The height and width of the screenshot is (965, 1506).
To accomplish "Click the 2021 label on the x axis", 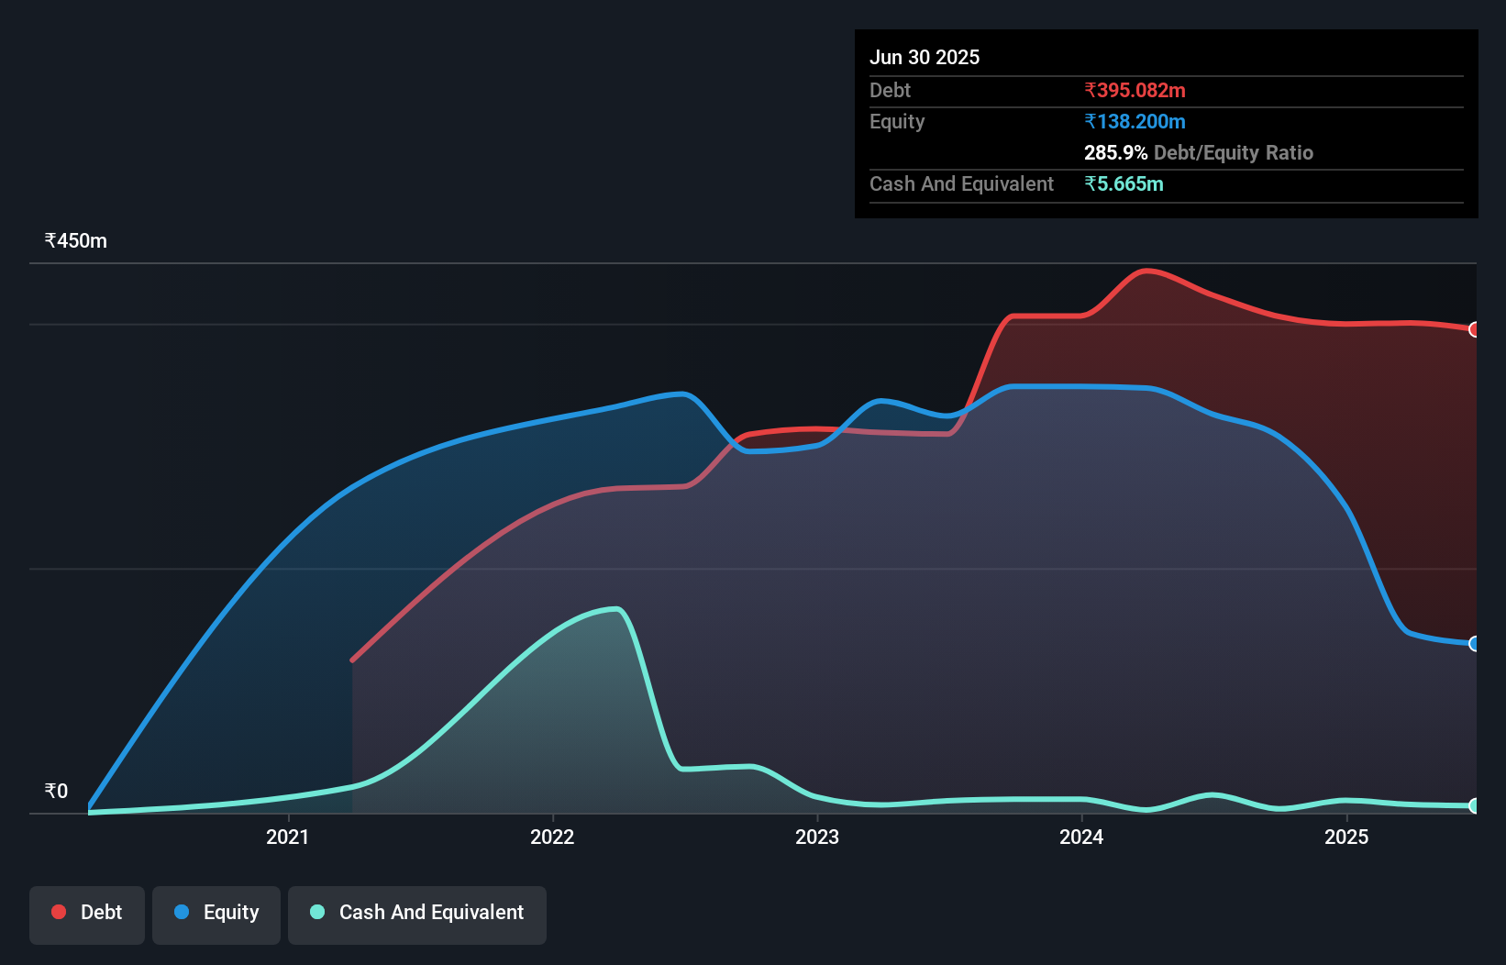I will pos(287,837).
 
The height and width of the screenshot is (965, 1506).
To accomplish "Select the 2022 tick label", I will pos(552,837).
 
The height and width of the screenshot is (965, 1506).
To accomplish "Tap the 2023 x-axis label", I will pos(816,837).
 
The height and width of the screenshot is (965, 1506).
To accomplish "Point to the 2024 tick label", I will pos(1081,837).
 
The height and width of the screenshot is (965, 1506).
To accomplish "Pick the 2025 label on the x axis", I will pos(1345,837).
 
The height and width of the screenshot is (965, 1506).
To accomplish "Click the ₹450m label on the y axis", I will pos(75,241).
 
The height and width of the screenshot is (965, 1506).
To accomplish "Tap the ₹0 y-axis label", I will pos(56,792).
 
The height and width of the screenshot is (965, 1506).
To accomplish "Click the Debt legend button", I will pos(87,913).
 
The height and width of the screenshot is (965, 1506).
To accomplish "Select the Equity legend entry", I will pos(216,913).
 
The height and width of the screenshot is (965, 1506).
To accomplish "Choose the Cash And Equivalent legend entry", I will pos(417,913).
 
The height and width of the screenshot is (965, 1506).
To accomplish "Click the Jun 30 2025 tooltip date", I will pos(925,58).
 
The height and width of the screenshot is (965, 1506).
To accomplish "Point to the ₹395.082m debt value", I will pos(1135,91).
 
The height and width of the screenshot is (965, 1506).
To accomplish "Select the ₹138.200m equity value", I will pos(1135,122).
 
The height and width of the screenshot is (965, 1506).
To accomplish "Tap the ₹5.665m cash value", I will pos(1124,184).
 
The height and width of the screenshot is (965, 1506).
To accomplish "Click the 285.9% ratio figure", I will pos(1115,153).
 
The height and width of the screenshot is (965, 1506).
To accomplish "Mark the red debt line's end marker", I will pos(1474,329).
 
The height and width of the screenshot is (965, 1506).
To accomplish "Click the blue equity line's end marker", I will pos(1474,644).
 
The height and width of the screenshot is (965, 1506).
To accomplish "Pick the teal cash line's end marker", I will pos(1474,806).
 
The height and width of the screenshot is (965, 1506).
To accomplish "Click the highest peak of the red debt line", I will pos(1146,271).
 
